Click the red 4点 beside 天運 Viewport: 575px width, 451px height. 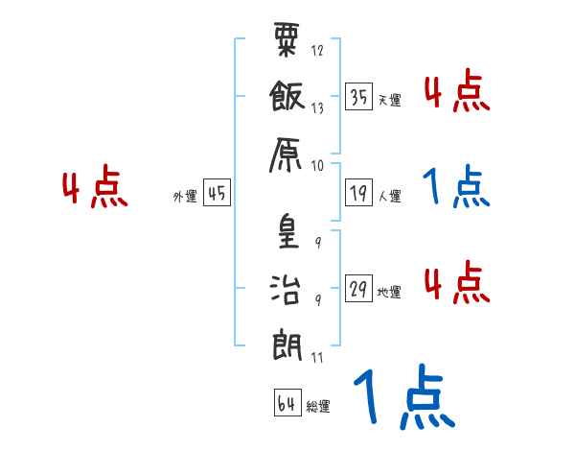point(457,93)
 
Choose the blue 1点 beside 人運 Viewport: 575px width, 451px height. point(456,188)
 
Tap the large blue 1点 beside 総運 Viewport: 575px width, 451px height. point(402,397)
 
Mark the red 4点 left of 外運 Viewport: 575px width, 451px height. point(96,189)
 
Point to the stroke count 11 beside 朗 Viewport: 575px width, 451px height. point(317,357)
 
